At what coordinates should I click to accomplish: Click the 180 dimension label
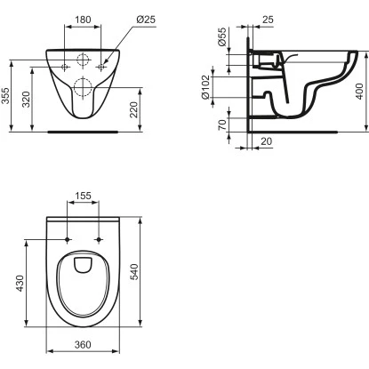pos(83,20)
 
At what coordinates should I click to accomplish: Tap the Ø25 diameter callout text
pos(146,20)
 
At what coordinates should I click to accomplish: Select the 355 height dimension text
pos(5,95)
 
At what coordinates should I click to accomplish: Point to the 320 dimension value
pos(27,100)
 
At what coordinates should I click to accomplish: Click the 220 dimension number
pos(134,109)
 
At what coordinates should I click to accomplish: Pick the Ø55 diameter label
pos(221,36)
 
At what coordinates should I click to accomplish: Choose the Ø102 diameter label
pos(205,87)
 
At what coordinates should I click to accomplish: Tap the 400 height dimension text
pos(359,92)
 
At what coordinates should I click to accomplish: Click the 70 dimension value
pos(222,124)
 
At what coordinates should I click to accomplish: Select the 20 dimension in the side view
pos(266,141)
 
